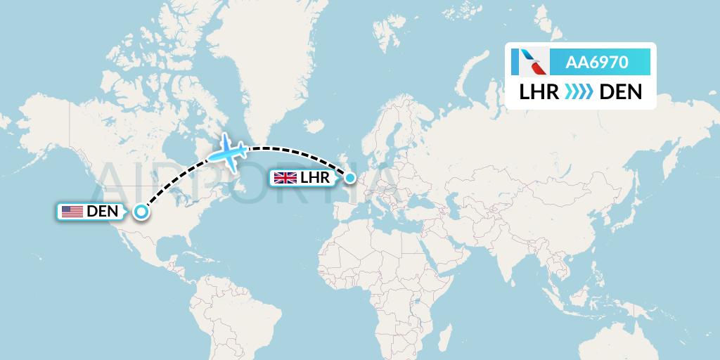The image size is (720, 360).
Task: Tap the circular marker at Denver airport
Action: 141,211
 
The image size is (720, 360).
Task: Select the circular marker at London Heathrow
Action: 349,178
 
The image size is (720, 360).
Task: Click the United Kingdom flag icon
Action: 285,178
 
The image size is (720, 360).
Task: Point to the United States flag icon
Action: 72,211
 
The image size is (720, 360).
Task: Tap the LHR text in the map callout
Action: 314,178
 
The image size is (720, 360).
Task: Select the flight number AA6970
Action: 598,63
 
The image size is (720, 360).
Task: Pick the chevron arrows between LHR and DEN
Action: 579,91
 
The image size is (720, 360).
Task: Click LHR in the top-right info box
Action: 539,91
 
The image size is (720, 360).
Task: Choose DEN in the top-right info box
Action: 620,91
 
